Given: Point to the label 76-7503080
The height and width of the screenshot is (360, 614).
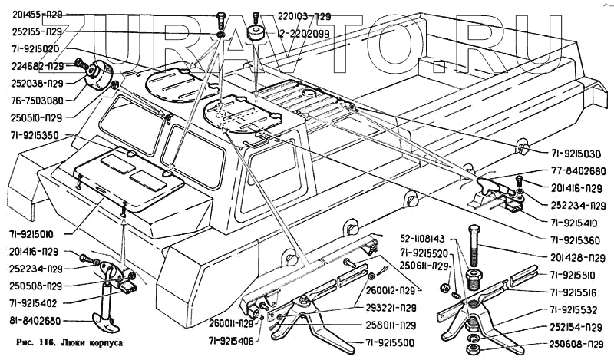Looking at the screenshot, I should coord(38,99).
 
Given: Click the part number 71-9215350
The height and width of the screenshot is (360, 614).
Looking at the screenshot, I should coord(37,135).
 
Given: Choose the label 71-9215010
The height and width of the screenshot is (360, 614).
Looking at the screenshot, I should coord(36,232).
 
